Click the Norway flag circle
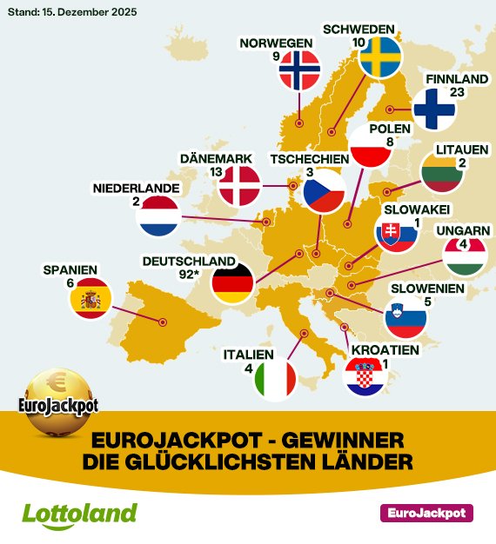click(299, 70)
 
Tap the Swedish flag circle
click(380, 58)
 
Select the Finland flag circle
click(434, 109)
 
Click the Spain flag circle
click(91, 298)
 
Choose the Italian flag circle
click(276, 380)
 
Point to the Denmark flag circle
click(239, 185)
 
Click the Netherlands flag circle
click(158, 216)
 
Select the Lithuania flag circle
click(443, 173)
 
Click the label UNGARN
click(459, 230)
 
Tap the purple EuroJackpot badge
click(426, 513)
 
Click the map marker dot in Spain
click(162, 322)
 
